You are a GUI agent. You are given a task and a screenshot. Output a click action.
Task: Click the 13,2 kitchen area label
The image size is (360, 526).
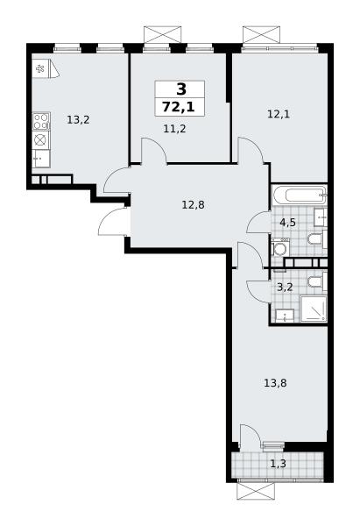78,119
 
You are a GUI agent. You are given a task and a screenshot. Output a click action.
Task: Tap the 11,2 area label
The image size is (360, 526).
174,128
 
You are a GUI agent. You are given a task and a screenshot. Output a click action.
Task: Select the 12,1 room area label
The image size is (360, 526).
279,114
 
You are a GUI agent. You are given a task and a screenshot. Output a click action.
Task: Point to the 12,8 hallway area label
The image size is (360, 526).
193,204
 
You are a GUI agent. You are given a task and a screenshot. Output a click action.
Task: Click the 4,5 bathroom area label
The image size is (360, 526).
288,222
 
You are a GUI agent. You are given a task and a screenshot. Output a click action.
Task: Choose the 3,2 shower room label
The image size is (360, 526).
286,288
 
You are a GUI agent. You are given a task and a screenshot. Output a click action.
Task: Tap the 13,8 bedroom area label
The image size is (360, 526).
275,383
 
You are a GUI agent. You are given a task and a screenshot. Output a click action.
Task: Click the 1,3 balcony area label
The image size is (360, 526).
279,464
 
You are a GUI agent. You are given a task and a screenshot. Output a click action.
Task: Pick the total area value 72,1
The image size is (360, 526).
179,107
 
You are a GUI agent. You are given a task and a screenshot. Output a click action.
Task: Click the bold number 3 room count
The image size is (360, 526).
181,89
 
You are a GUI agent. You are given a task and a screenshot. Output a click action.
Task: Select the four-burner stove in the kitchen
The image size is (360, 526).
41,121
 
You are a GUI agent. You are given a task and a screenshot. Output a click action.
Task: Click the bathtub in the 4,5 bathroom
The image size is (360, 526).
299,195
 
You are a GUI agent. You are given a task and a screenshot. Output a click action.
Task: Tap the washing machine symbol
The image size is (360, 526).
280,247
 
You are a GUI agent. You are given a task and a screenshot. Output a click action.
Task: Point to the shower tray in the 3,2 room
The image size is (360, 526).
314,309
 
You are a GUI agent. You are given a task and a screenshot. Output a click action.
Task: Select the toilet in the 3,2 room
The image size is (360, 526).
317,281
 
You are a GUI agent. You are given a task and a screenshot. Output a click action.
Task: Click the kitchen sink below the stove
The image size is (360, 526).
41,159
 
